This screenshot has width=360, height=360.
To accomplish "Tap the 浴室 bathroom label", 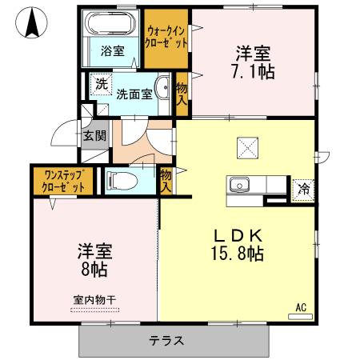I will click(x=113, y=51).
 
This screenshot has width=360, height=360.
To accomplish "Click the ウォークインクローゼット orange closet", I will click(x=166, y=37).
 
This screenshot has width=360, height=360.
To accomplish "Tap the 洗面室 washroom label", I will click(x=134, y=93).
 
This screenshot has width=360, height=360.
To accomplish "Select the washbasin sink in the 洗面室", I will click(x=162, y=90).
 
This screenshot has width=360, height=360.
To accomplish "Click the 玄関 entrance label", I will click(x=94, y=135).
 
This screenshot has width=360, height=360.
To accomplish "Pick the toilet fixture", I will click(x=118, y=180).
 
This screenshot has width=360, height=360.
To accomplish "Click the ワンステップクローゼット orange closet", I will click(x=63, y=180).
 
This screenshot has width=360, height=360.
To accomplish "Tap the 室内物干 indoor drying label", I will click(x=95, y=300).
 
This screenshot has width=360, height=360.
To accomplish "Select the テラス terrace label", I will click(x=166, y=341).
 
